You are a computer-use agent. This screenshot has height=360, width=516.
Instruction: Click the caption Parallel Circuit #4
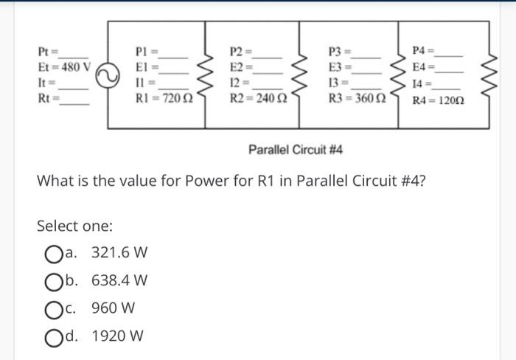coord(296,150)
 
